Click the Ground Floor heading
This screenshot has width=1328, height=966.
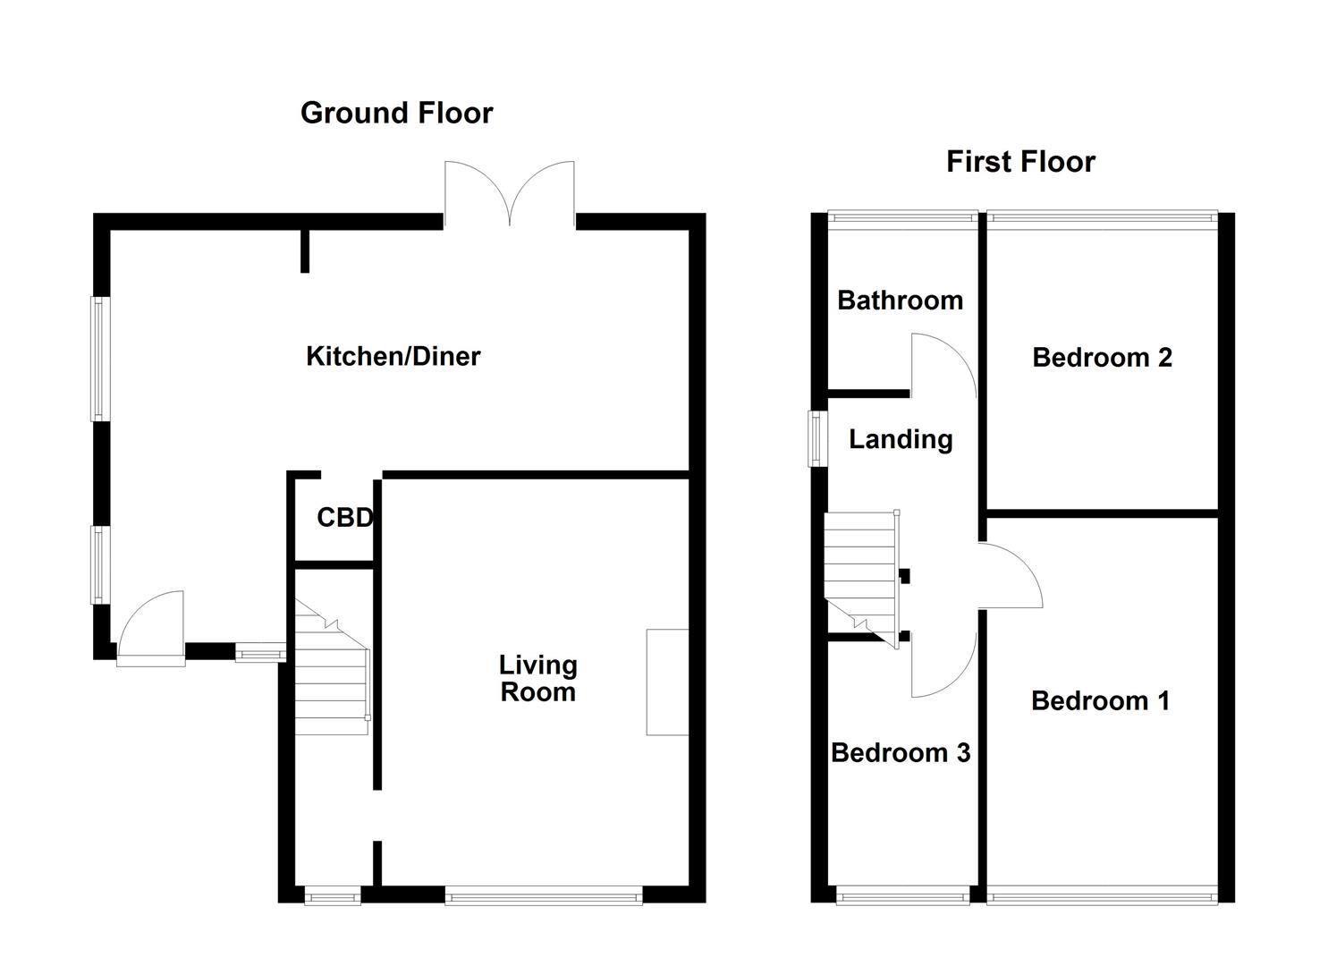[x=397, y=114]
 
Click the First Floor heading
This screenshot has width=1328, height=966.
[x=1020, y=162]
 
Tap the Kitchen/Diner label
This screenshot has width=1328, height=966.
[x=393, y=356]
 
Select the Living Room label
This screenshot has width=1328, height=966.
[x=537, y=678]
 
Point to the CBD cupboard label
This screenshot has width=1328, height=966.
[x=345, y=518]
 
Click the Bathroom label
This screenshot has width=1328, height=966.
[x=900, y=301]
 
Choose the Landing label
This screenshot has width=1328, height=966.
[x=901, y=440]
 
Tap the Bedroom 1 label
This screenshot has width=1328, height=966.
[x=1100, y=701]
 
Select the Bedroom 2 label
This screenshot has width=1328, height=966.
[x=1102, y=358]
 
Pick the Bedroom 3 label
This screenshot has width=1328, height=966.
[x=901, y=753]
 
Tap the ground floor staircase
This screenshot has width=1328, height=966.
[x=332, y=667]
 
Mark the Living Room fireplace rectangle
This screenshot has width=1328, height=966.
[x=667, y=682]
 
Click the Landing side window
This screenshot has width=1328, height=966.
[x=817, y=438]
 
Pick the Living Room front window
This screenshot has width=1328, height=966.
[x=544, y=894]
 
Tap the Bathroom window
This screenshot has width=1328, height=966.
[x=902, y=217]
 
